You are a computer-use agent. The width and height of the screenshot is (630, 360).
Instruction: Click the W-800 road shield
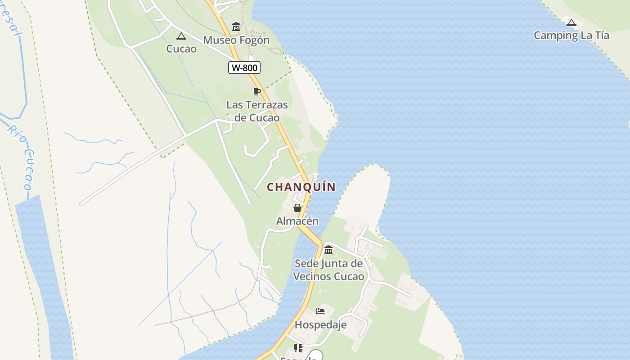tap(244, 68)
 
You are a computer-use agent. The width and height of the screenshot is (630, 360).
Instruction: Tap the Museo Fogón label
tap(236, 40)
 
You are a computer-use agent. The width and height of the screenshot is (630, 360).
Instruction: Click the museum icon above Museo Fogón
tap(236, 27)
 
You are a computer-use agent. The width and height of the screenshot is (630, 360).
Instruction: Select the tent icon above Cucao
tap(181, 36)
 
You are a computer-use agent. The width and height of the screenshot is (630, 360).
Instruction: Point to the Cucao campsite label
tap(181, 49)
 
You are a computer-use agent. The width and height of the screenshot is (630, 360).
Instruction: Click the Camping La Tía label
tap(571, 36)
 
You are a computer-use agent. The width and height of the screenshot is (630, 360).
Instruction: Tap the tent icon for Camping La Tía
tap(571, 22)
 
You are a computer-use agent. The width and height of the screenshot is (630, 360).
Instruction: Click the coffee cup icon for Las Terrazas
tap(257, 92)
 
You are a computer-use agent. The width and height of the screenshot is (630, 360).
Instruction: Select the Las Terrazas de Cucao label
tap(257, 111)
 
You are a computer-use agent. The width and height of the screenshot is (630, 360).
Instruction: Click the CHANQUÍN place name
tap(301, 187)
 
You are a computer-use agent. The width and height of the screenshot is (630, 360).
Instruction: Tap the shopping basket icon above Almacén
tap(297, 208)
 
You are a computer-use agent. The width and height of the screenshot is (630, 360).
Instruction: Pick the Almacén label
tap(297, 221)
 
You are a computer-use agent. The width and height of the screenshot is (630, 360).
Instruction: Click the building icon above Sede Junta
tap(328, 250)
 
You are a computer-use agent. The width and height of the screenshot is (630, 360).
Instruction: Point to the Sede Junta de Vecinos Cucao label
tap(328, 270)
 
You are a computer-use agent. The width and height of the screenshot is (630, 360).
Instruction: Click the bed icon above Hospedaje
tap(320, 311)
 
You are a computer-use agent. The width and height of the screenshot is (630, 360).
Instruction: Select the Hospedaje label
tap(320, 324)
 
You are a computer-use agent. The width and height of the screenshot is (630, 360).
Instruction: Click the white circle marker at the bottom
tap(316, 356)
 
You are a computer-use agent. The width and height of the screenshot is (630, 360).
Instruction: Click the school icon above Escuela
tap(298, 348)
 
